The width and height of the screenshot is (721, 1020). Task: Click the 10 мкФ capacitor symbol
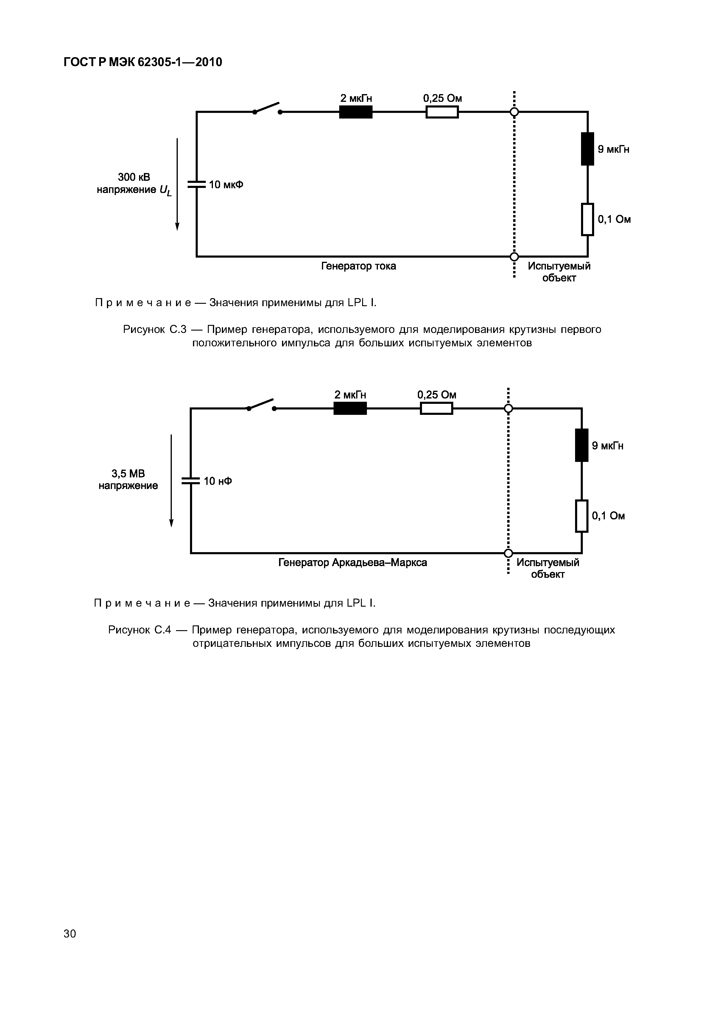click(x=196, y=184)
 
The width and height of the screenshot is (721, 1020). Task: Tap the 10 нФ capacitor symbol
click(x=191, y=481)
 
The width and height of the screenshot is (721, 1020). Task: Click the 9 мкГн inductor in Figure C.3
click(x=587, y=149)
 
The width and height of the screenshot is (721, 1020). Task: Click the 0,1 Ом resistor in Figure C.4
click(x=582, y=516)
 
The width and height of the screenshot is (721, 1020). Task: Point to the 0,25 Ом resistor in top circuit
click(x=442, y=112)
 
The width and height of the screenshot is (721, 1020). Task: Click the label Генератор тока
click(x=359, y=266)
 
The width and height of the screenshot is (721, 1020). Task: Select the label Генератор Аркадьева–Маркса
click(x=352, y=563)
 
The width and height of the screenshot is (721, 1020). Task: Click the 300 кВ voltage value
click(x=134, y=177)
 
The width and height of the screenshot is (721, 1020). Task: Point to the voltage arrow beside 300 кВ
click(x=177, y=184)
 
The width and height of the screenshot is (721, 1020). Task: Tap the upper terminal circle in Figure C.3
click(x=514, y=112)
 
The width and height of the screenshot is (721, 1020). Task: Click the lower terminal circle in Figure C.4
click(x=508, y=553)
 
